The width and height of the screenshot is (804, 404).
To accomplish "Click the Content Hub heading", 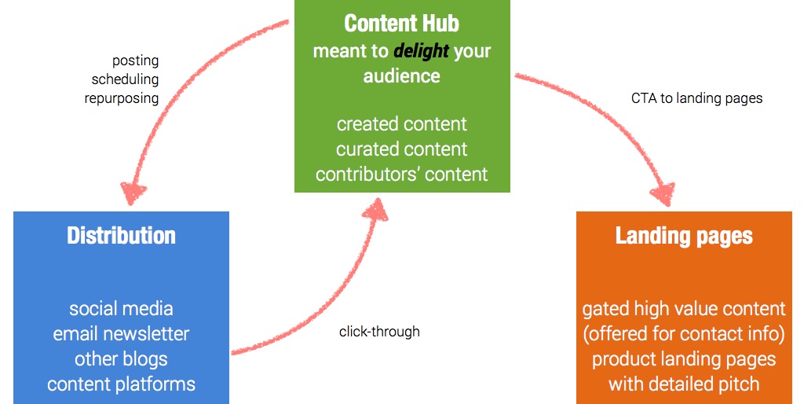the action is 401,24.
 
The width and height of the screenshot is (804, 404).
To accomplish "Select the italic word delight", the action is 422,51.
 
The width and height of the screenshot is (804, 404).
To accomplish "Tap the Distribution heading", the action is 121,236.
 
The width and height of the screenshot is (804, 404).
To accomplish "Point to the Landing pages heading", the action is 684,237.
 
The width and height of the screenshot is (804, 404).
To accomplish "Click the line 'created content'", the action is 401,124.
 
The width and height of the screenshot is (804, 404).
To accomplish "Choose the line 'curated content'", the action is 401,149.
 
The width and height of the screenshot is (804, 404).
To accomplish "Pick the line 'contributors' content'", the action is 401,174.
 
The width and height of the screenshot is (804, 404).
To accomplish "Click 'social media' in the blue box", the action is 121,309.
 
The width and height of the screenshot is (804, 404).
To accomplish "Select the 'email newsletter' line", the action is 121,334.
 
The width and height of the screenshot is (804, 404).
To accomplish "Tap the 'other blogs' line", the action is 121,359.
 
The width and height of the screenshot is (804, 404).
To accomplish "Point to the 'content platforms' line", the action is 121,384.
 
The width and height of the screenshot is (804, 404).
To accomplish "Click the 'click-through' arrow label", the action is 379,332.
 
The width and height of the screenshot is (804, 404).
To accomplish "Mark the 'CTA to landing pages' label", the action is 697,98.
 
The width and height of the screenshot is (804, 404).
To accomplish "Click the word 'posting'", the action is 135,61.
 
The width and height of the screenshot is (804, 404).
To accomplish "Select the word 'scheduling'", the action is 125,79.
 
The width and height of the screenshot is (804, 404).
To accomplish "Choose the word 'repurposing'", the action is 122,98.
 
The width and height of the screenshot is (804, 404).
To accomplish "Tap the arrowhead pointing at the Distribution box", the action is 133,193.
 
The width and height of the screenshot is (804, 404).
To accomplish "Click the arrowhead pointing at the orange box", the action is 663,194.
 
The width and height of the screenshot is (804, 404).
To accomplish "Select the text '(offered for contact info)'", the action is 684,334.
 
